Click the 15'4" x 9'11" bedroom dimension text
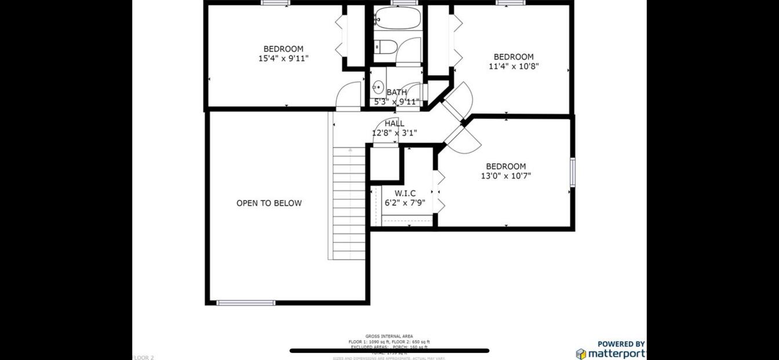click(x=283, y=59)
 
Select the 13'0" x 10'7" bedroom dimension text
click(x=505, y=176)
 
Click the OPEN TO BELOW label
click(x=269, y=203)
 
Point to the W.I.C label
click(x=405, y=193)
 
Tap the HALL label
click(x=394, y=123)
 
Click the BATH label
click(x=396, y=92)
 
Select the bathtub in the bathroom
click(x=397, y=19)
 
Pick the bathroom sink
click(x=378, y=88)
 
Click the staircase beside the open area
click(x=350, y=203)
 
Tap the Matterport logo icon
click(x=581, y=354)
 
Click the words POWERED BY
click(x=621, y=344)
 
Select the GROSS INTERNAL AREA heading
click(x=389, y=336)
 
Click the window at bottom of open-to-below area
click(x=246, y=303)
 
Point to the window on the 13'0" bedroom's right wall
click(x=573, y=172)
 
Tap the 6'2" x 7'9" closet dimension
click(x=405, y=203)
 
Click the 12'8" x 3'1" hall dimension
click(x=394, y=133)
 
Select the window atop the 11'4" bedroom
click(x=511, y=3)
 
